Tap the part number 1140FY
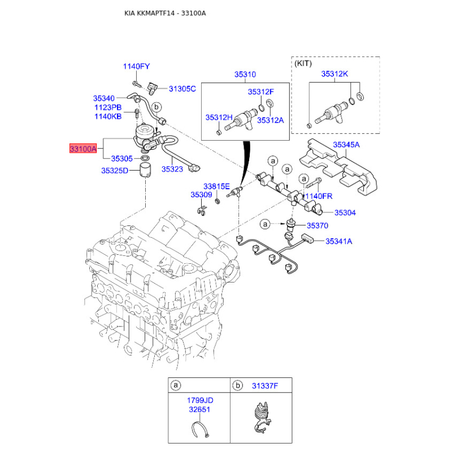(x=137, y=67)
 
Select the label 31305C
(x=182, y=89)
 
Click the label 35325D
(x=115, y=171)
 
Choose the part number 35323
(x=172, y=168)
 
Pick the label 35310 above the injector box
(x=246, y=74)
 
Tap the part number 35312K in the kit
(x=334, y=74)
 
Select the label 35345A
(x=346, y=145)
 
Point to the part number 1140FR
(x=319, y=196)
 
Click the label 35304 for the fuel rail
(x=345, y=213)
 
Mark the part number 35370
(x=317, y=225)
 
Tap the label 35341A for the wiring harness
(x=338, y=241)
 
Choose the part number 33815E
(x=216, y=186)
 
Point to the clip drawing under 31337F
(x=262, y=417)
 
